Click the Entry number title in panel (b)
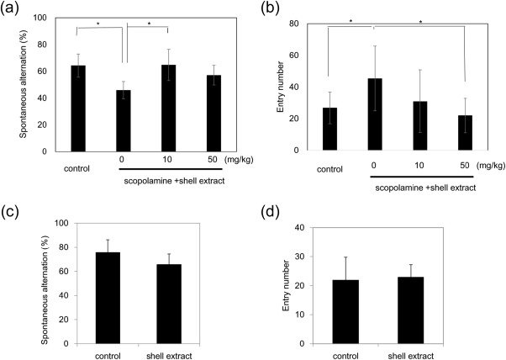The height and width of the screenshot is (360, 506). click(293, 86)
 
